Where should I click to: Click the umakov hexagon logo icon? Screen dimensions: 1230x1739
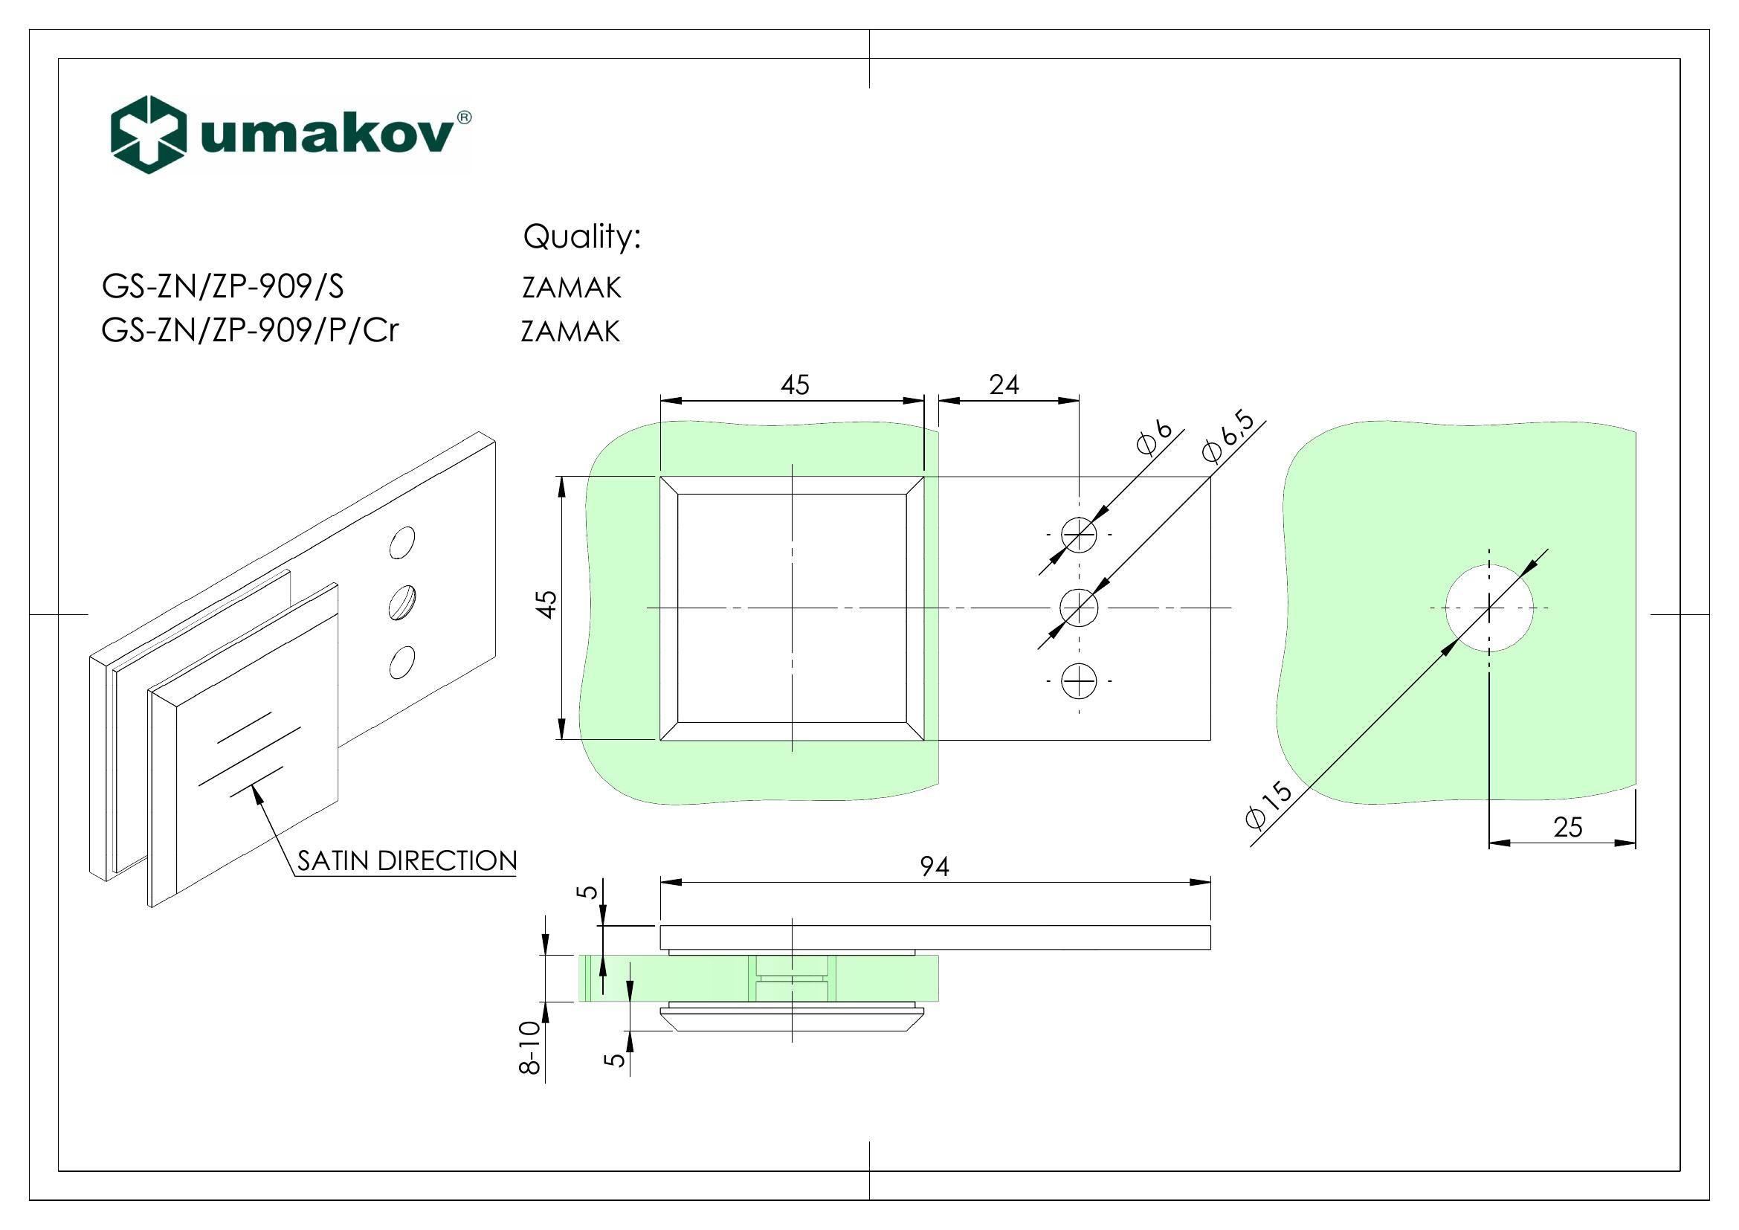149,134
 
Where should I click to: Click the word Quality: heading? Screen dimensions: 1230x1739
581,237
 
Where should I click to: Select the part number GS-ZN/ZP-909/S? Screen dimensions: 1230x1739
223,287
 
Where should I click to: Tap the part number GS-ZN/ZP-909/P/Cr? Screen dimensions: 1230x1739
249,331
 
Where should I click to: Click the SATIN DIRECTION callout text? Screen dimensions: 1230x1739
407,860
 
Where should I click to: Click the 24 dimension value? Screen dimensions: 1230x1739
1004,384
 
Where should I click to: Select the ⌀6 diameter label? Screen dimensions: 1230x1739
1155,440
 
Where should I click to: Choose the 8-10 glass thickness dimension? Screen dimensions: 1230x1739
531,1048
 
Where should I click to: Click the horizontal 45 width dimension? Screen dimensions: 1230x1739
796,384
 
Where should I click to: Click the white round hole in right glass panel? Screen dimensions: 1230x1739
1489,608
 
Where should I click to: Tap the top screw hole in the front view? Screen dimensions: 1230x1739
1080,535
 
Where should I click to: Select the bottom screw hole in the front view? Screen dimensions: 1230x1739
1080,681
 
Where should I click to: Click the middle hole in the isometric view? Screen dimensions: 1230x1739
401,602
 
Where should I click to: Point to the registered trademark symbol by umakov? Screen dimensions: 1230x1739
464,117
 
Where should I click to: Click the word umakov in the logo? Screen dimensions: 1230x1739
327,136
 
